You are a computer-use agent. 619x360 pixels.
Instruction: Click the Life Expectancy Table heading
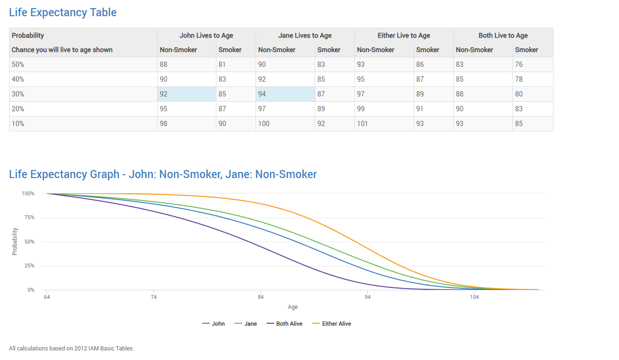coord(63,12)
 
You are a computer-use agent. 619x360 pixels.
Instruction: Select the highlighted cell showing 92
coord(187,94)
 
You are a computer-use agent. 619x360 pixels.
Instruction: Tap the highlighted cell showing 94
coord(285,94)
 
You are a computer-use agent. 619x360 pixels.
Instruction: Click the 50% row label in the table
coord(18,64)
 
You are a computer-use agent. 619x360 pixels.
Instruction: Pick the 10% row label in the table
coord(18,124)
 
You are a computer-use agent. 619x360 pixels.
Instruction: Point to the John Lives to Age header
coord(206,35)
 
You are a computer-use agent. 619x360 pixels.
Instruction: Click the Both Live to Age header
coord(503,35)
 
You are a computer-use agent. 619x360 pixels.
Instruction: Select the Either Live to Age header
coord(404,35)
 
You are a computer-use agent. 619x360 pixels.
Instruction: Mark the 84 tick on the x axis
coord(261,297)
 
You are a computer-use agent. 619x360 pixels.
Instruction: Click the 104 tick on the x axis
coord(474,297)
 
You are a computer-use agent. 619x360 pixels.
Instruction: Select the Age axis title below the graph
coord(293,307)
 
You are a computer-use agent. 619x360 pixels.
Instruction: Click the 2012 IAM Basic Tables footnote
coord(72,348)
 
